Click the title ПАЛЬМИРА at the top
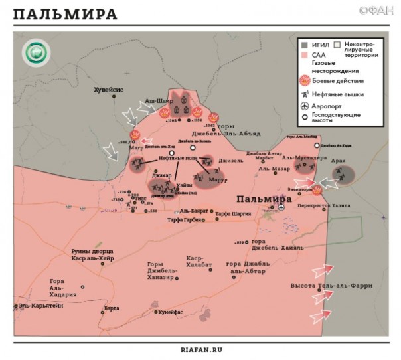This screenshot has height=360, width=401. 64,15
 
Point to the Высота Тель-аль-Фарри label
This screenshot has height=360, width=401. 331,286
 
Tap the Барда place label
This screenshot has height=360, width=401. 112,308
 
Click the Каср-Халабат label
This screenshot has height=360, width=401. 199,262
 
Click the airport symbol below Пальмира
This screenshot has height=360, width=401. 281,207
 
